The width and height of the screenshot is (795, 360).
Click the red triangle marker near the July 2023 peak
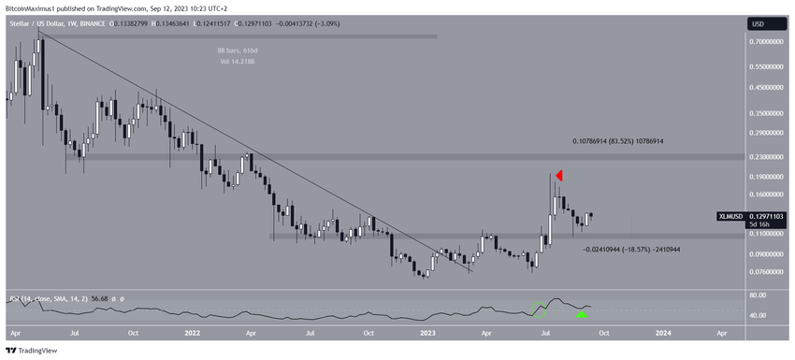[x=559, y=176]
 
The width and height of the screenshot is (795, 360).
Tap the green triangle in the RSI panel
[x=581, y=314]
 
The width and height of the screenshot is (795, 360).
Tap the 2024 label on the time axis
[x=661, y=332]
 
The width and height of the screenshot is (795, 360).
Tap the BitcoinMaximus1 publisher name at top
[x=32, y=6]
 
